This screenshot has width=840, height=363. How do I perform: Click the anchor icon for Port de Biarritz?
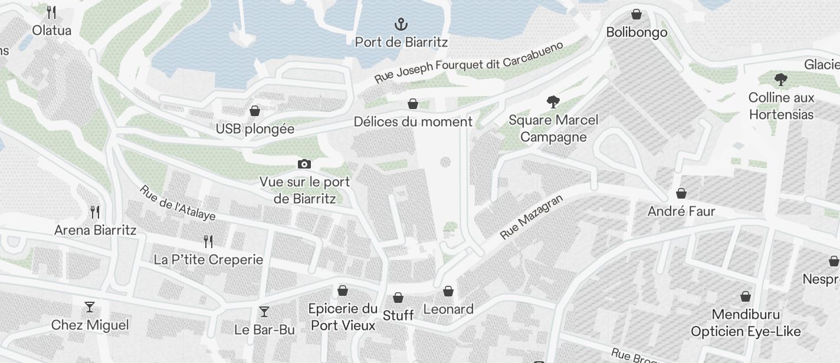pyautogui.click(x=401, y=25)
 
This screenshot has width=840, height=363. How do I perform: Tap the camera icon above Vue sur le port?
pyautogui.click(x=304, y=164)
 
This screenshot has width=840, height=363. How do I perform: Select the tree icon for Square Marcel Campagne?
pyautogui.click(x=553, y=102)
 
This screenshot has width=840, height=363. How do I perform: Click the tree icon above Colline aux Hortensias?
pyautogui.click(x=781, y=80)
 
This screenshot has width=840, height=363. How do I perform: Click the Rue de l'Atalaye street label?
pyautogui.click(x=177, y=203)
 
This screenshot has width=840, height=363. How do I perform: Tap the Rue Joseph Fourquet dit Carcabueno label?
pyautogui.click(x=469, y=62)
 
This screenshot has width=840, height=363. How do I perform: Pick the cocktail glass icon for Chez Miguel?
pyautogui.click(x=90, y=307)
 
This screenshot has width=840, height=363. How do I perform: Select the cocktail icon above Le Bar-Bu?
pyautogui.click(x=264, y=312)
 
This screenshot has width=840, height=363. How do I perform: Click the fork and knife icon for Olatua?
pyautogui.click(x=51, y=12)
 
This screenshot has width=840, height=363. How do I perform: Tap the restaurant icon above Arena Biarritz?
pyautogui.click(x=95, y=212)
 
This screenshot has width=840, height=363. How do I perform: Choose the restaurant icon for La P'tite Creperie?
pyautogui.click(x=208, y=241)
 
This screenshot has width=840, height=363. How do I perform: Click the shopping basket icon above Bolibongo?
pyautogui.click(x=636, y=14)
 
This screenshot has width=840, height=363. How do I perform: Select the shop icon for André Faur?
pyautogui.click(x=681, y=193)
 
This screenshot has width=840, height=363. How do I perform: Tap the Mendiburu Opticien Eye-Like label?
pyautogui.click(x=746, y=323)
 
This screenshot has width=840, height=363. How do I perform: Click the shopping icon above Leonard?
pyautogui.click(x=448, y=291)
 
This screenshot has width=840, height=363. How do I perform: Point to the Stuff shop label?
pyautogui.click(x=398, y=315)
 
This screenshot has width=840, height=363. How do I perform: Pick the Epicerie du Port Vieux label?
pyautogui.click(x=343, y=316)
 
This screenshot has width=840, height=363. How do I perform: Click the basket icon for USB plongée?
pyautogui.click(x=255, y=111)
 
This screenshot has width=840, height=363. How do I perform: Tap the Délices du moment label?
pyautogui.click(x=413, y=122)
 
